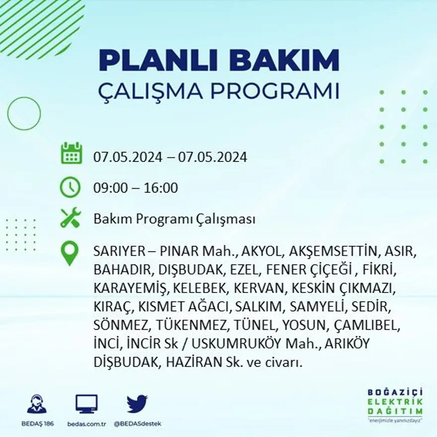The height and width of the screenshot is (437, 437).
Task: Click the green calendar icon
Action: coord(71,153)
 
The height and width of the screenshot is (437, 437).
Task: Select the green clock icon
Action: coord(70,187)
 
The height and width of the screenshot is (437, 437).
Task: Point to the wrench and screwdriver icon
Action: coord(70,218)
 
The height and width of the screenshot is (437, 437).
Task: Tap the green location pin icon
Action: coord(70,252)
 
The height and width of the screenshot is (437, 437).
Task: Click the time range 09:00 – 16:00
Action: coord(136,188)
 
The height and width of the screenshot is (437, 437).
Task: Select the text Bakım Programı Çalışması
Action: coord(174,219)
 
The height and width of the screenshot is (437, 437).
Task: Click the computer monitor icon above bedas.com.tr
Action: coord(86,404)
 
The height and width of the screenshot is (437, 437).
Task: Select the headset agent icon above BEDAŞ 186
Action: coord(37,404)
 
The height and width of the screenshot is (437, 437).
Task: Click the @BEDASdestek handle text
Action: coord(137,424)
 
